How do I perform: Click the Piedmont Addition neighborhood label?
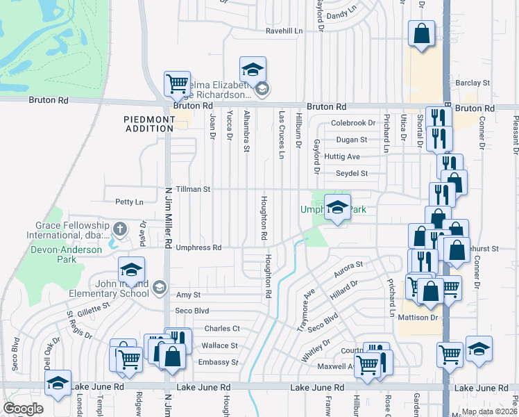(x=149, y=124)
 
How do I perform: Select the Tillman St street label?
(x=192, y=189)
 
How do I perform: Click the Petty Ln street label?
(x=129, y=202)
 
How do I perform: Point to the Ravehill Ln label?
(x=284, y=31)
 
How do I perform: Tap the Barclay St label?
(x=474, y=83)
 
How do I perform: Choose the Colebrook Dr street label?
(x=353, y=123)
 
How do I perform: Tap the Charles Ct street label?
(x=221, y=329)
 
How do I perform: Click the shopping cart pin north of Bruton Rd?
(x=178, y=83)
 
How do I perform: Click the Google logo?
(x=24, y=409)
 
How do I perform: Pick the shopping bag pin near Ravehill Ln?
(x=421, y=33)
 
